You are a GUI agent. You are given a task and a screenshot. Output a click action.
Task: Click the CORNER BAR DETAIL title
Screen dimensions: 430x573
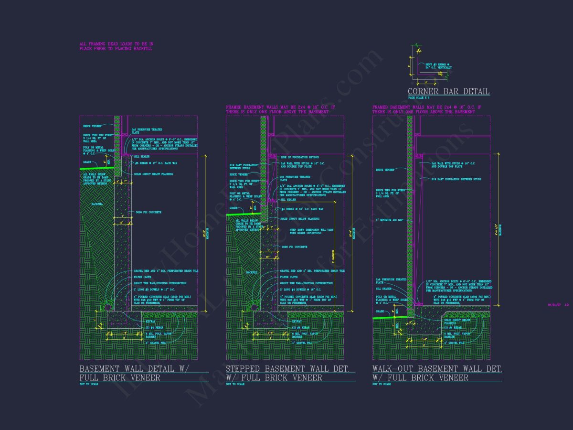(448, 92)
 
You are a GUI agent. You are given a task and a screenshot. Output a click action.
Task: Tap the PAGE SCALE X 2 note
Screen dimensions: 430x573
(419, 98)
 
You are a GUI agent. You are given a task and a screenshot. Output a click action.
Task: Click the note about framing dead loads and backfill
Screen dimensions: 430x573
(116, 46)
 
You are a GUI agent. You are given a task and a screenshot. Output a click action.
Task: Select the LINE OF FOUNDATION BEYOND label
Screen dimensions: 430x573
(299, 157)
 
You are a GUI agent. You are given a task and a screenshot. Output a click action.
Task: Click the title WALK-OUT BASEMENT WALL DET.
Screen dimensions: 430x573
(437, 369)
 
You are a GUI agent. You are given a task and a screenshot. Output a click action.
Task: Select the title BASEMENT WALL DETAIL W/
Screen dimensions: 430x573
(134, 369)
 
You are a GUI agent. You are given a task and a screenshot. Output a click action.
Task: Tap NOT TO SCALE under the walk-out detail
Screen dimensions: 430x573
(382, 384)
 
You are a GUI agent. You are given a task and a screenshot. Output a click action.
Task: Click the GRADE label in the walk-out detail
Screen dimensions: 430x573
(380, 311)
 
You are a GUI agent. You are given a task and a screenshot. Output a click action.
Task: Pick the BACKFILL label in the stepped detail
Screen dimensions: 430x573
(252, 272)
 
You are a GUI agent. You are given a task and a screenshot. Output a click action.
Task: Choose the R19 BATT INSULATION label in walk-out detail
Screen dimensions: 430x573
(456, 179)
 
